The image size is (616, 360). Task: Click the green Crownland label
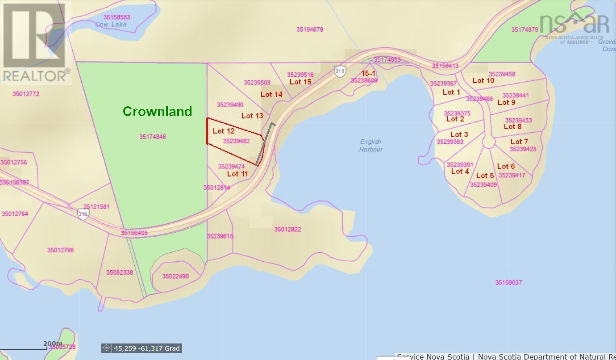click(x=157, y=111)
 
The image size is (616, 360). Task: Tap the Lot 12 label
click(x=224, y=131)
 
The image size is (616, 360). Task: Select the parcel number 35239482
click(x=236, y=141)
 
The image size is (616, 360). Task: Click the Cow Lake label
click(x=111, y=25)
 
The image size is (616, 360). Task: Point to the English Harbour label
click(x=370, y=146)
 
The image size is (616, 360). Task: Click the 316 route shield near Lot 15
click(x=340, y=71)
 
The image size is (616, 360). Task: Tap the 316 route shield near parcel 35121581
click(x=83, y=214)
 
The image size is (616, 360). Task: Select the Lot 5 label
click(x=485, y=176)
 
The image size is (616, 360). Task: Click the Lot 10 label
click(x=483, y=80)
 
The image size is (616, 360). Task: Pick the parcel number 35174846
click(x=152, y=137)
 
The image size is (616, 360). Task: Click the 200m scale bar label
click(x=52, y=343)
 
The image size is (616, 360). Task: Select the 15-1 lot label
click(x=368, y=73)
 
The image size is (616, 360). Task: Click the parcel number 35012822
click(x=287, y=229)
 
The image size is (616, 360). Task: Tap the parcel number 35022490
click(x=175, y=276)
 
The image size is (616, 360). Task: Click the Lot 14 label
click(x=271, y=94)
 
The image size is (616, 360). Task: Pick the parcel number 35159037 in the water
click(x=508, y=282)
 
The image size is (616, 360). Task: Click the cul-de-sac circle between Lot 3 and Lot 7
click(x=489, y=142)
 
